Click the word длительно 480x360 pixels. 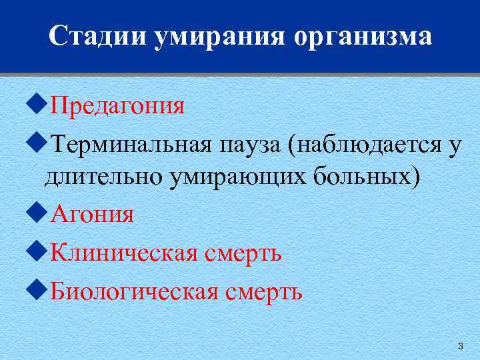100,178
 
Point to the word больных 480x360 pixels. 360,178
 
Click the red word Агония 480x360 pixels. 93,215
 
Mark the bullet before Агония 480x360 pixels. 38,214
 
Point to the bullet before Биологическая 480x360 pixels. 38,290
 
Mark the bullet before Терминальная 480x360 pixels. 38,142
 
